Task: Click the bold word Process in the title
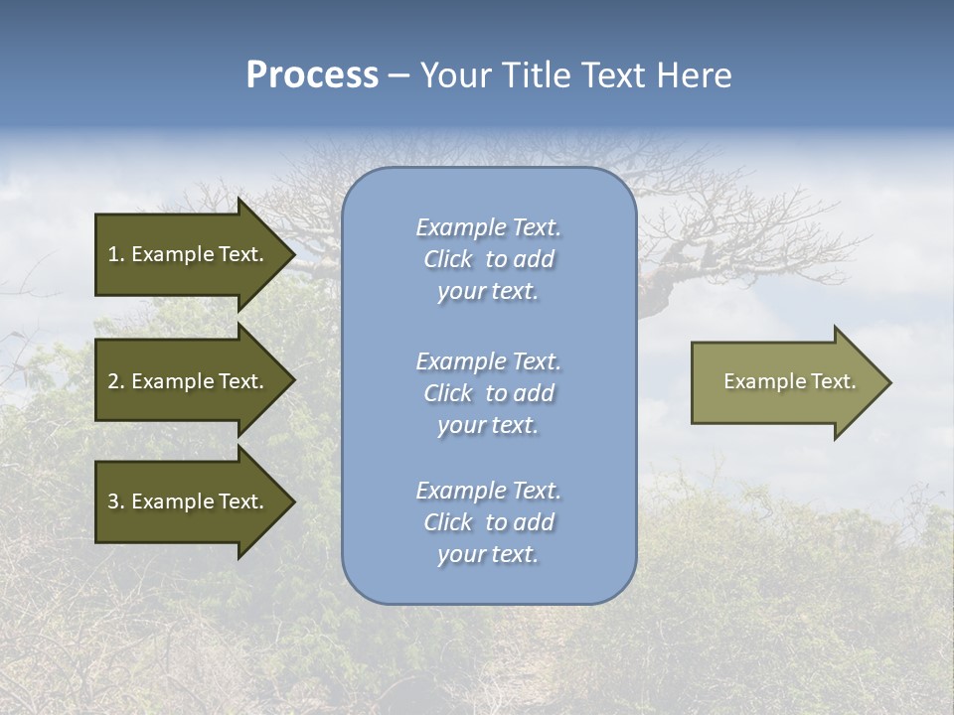click(x=312, y=75)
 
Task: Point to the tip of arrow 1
click(x=291, y=254)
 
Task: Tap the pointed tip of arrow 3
click(x=291, y=501)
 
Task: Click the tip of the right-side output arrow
click(x=887, y=382)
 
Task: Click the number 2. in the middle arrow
click(x=116, y=381)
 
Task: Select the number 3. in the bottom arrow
click(x=116, y=501)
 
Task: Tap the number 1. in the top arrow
click(x=116, y=254)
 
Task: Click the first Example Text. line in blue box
click(x=488, y=227)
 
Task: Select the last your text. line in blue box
click(x=488, y=554)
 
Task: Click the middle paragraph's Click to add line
click(x=488, y=393)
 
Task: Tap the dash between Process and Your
click(x=398, y=76)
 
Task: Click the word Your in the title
click(x=452, y=75)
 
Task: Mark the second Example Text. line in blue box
click(x=488, y=361)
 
